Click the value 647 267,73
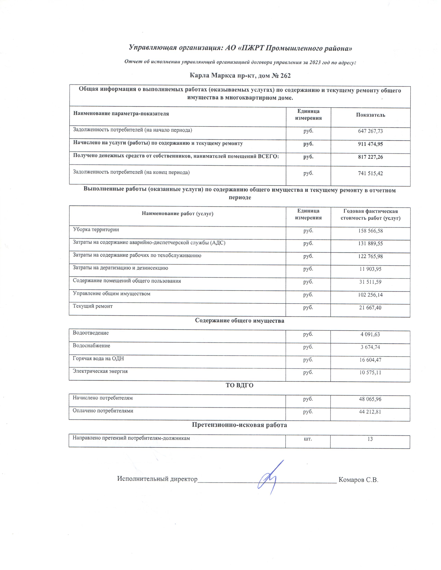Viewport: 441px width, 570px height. (370, 131)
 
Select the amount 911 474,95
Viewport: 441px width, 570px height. (370, 144)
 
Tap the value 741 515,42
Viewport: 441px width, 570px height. (370, 173)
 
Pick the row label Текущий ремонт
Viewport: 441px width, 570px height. (93, 306)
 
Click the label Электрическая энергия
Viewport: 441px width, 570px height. (100, 371)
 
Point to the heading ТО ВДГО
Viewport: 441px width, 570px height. (239, 386)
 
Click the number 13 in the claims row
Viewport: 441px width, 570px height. (370, 439)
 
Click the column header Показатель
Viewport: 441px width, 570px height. (370, 115)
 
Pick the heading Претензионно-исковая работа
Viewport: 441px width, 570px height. (239, 425)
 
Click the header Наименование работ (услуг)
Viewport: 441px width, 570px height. (177, 214)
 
